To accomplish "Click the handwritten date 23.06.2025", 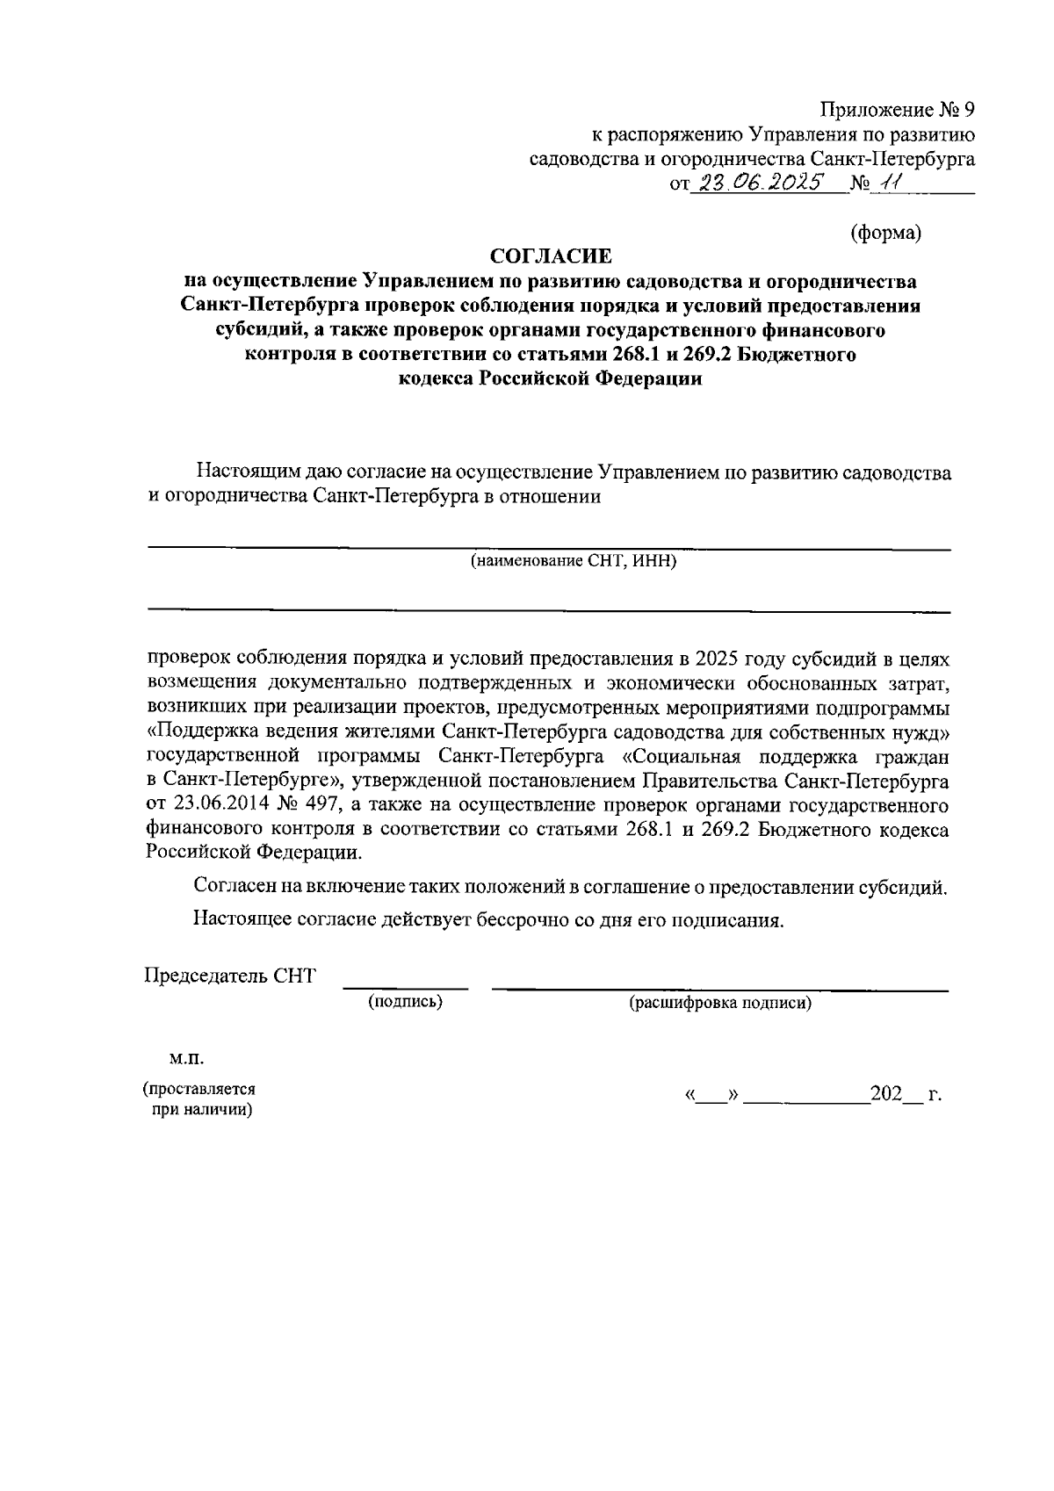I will [757, 182].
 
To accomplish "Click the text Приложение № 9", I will [897, 110].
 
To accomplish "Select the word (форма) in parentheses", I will [885, 232].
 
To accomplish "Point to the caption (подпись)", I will [405, 1002].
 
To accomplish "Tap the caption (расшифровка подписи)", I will [719, 1003].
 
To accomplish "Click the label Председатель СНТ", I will [230, 976].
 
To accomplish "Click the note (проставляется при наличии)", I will [200, 1099].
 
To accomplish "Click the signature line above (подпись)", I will [405, 988].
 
